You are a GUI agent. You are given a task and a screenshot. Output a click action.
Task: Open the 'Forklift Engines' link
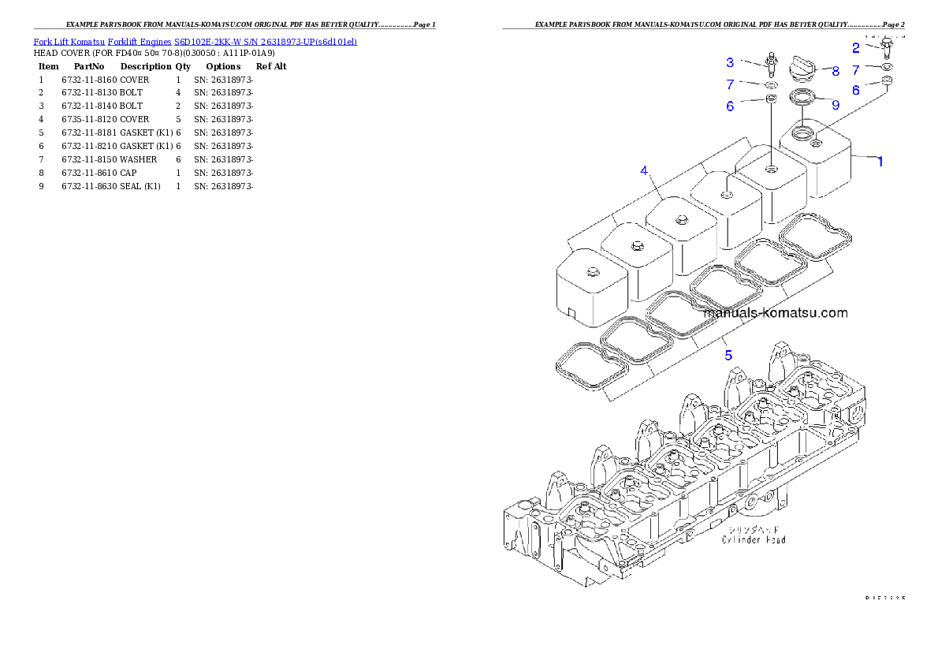pos(140,41)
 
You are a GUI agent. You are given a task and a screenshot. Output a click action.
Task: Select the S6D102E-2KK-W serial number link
pos(266,41)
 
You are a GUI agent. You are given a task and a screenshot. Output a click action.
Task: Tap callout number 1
pos(880,162)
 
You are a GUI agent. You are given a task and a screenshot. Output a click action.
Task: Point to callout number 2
pos(855,47)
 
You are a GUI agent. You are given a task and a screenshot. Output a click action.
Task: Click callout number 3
pos(730,62)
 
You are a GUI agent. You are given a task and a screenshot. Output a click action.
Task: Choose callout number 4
pos(644,170)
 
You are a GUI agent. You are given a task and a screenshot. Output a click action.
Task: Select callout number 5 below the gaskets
pos(728,356)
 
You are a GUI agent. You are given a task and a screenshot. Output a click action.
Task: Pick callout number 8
pos(836,70)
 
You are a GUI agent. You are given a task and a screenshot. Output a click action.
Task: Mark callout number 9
pos(836,104)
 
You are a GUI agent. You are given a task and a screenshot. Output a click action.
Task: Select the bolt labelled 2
pos(888,49)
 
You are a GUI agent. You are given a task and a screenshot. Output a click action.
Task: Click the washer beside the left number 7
pos(770,84)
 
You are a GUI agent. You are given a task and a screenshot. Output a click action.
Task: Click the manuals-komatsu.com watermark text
pos(775,313)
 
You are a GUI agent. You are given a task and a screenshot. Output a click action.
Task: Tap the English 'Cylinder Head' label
pos(753,540)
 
